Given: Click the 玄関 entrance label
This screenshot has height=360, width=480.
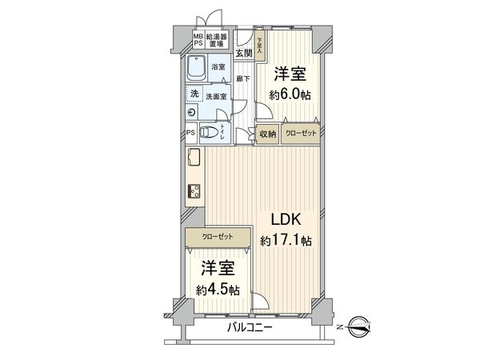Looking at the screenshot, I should click(245, 53).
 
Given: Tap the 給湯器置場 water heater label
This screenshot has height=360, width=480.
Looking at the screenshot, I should click(218, 38).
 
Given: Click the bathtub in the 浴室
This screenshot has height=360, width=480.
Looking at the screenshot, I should click(198, 69).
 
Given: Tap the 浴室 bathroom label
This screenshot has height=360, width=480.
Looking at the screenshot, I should click(218, 69).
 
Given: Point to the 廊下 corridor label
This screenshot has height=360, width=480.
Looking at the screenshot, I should click(244, 79).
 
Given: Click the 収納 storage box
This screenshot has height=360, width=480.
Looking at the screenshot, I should click(267, 134).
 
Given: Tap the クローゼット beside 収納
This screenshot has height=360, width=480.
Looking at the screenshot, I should click(300, 134).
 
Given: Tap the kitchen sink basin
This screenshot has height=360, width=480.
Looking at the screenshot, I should click(194, 158).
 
